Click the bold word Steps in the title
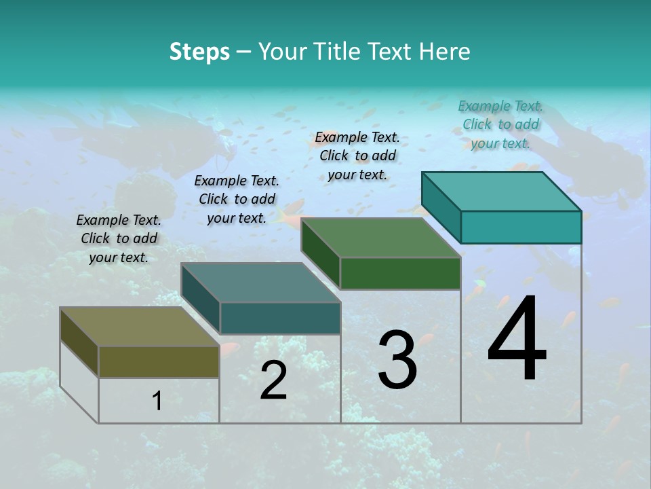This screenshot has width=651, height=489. pyautogui.click(x=199, y=52)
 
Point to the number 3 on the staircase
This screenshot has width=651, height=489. pyautogui.click(x=397, y=360)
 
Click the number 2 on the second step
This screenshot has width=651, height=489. pyautogui.click(x=273, y=380)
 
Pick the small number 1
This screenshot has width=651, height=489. pyautogui.click(x=157, y=401)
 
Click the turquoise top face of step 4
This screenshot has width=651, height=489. pyautogui.click(x=502, y=192)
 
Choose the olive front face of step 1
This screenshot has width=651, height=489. pyautogui.click(x=159, y=361)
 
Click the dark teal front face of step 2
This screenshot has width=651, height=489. pyautogui.click(x=280, y=318)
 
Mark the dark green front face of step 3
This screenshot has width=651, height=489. pyautogui.click(x=400, y=273)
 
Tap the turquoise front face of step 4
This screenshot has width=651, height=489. pyautogui.click(x=521, y=227)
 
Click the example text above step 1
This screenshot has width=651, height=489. pyautogui.click(x=119, y=238)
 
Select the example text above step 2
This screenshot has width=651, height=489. pyautogui.click(x=237, y=199)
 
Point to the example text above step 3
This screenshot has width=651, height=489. pyautogui.click(x=357, y=156)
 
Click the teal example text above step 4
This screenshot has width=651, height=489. pyautogui.click(x=500, y=124)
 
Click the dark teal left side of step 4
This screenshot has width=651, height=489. pyautogui.click(x=441, y=207)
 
